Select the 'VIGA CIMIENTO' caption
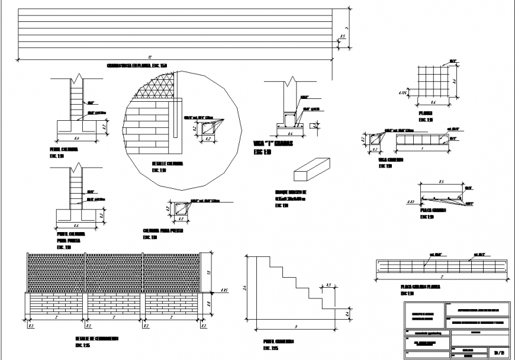390,159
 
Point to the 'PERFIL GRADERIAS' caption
279,342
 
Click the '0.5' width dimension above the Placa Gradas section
441,181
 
